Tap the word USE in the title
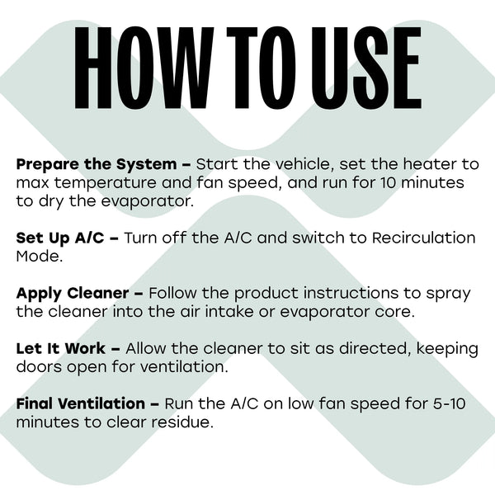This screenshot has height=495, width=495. pyautogui.click(x=366, y=68)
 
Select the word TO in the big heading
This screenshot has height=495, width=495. pyautogui.click(x=262, y=68)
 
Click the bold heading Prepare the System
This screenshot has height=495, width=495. pyautogui.click(x=97, y=165)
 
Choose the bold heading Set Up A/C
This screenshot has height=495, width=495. pyautogui.click(x=60, y=238)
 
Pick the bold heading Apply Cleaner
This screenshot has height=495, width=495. pyautogui.click(x=73, y=294)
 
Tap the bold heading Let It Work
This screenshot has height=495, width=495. pyautogui.click(x=60, y=348)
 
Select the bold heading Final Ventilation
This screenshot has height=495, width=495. pyautogui.click(x=81, y=403)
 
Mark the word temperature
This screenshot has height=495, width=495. pyautogui.click(x=106, y=183)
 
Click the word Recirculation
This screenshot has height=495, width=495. pyautogui.click(x=424, y=238)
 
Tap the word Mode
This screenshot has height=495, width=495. pyautogui.click(x=38, y=257)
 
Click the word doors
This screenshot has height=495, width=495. pyautogui.click(x=39, y=367)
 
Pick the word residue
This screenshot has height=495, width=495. pyautogui.click(x=180, y=422)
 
